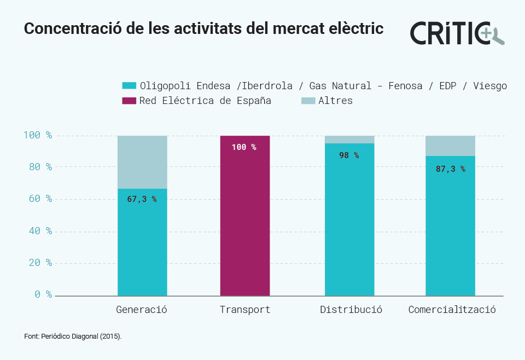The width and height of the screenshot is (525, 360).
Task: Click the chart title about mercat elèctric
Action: tap(203, 29)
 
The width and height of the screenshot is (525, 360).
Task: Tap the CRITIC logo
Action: tap(457, 32)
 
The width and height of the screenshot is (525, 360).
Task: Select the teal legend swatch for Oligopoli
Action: tap(129, 86)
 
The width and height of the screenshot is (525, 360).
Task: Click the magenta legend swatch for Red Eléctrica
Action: tap(129, 101)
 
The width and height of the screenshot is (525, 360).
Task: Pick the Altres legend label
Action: tap(335, 101)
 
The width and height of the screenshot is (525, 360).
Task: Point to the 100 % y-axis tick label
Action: tap(38, 135)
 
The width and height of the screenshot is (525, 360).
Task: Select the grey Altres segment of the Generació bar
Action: tap(142, 162)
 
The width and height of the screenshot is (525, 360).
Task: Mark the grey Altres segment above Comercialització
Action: tap(450, 146)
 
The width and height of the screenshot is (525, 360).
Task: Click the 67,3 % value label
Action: tap(142, 199)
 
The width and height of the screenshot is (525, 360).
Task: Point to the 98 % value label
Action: tap(349, 155)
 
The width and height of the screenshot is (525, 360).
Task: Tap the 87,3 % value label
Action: tap(450, 169)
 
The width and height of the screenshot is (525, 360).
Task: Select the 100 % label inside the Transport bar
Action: tap(243, 147)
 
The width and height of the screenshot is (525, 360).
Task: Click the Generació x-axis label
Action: tap(142, 310)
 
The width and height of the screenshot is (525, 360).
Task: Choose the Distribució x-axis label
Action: tap(351, 310)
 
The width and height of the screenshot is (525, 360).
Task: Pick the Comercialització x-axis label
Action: tap(452, 310)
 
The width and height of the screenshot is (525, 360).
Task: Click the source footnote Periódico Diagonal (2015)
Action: tap(73, 336)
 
